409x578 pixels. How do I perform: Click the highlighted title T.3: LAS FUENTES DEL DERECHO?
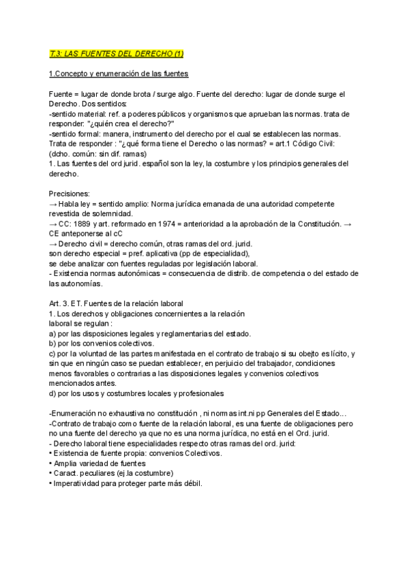click(x=117, y=53)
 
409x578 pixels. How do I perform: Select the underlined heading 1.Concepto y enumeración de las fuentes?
click(x=119, y=74)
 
